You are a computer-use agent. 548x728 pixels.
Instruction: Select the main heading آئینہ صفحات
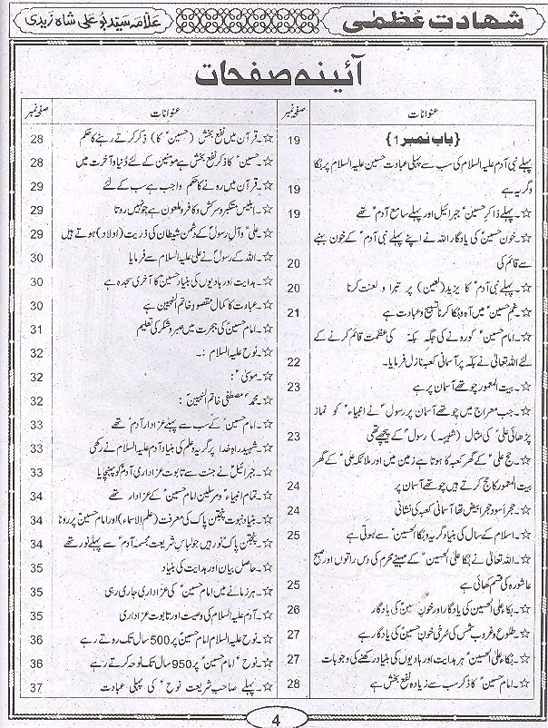(273, 84)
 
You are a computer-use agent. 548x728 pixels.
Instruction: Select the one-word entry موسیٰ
(219, 374)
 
